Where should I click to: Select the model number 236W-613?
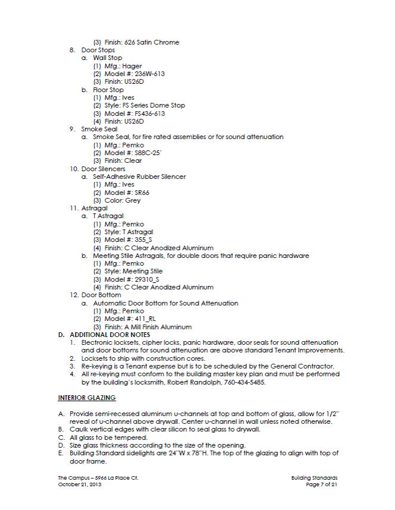[x=147, y=74]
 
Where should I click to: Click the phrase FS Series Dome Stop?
[x=153, y=105]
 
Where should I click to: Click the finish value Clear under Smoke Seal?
[x=132, y=160]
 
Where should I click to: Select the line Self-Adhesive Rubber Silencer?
[x=139, y=177]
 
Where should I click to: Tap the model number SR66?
[x=138, y=193]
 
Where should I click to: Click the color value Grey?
[x=133, y=200]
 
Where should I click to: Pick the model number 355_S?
[x=143, y=240]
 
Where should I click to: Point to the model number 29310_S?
[x=146, y=279]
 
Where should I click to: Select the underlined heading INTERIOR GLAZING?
[x=86, y=397]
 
